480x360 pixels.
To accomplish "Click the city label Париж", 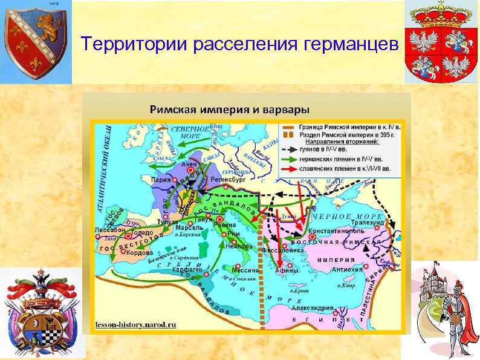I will point(161,180).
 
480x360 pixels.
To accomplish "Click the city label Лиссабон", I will point(109,231).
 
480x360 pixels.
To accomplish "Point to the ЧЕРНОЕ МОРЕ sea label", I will point(347,216).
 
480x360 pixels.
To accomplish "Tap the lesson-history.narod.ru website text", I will point(135,324).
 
